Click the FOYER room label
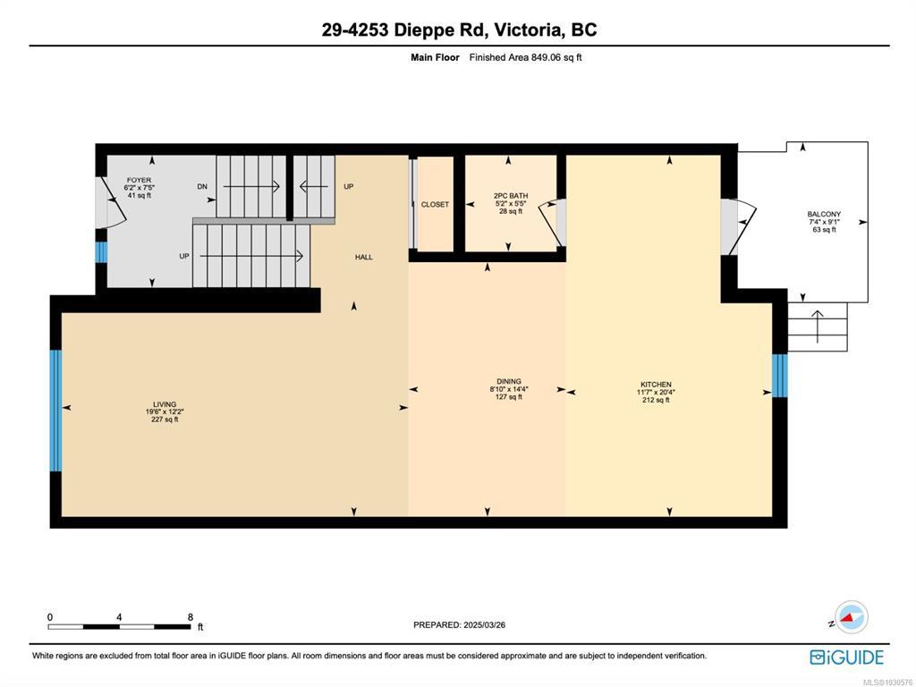[139, 180]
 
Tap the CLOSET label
[436, 205]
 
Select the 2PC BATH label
[511, 196]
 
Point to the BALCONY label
[824, 215]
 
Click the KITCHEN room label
[656, 385]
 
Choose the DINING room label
[509, 381]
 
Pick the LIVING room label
[165, 404]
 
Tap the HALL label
[363, 257]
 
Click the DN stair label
[202, 187]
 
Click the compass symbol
[852, 617]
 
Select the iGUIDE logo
[846, 657]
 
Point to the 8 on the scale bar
[191, 617]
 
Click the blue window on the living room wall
[55, 410]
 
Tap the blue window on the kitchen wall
[780, 376]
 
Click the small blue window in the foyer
[102, 252]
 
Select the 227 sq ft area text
[165, 420]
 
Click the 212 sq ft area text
[656, 400]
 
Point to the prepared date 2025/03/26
[484, 625]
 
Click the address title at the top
[459, 30]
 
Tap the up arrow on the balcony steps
[817, 327]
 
